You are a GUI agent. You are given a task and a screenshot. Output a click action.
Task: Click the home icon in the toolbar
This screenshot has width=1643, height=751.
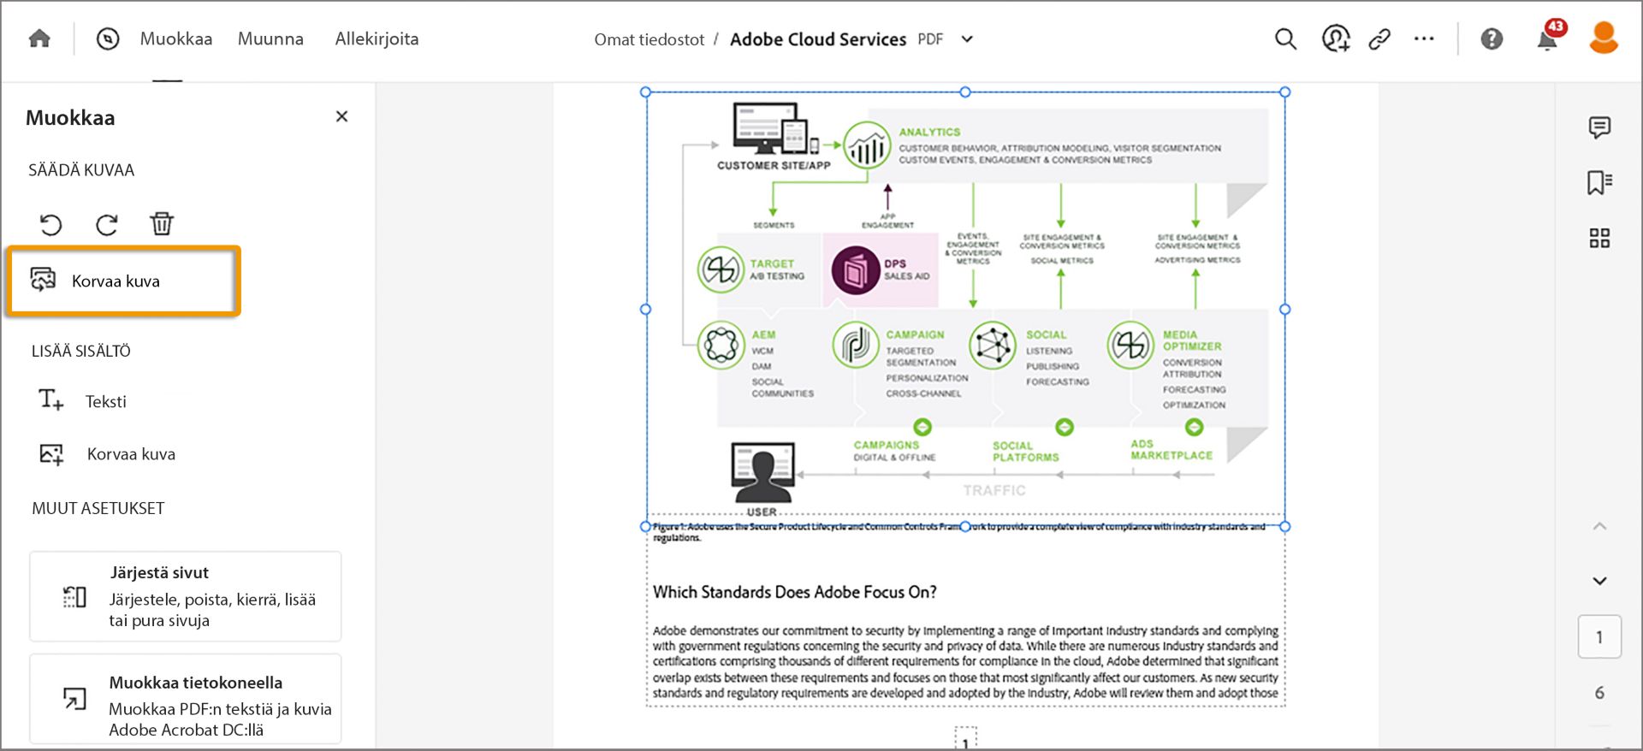coord(39,39)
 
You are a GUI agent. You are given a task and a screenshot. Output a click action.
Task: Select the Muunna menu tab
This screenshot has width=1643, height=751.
coord(270,39)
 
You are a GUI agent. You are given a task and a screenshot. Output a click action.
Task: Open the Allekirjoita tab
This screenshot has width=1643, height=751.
coord(377,39)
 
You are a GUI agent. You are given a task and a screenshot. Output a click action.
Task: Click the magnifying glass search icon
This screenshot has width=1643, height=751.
coord(1285,39)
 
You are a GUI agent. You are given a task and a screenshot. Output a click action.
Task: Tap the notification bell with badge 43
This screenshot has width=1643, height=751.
coord(1547,39)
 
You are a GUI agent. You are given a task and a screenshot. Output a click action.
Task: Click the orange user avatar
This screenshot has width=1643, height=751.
coord(1603,38)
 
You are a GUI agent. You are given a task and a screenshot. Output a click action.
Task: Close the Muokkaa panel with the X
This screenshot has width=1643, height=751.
coord(341,116)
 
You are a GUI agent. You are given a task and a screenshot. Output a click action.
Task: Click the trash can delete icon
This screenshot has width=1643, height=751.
coord(162,224)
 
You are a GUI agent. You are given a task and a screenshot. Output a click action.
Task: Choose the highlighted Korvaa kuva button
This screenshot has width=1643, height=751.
coord(122,281)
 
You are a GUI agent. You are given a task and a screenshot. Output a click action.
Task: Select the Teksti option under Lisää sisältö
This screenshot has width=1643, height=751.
coord(105,401)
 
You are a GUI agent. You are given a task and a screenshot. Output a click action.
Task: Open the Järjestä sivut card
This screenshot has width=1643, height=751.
coord(185,596)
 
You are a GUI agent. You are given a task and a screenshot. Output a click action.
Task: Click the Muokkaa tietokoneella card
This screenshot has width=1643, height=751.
coord(185,699)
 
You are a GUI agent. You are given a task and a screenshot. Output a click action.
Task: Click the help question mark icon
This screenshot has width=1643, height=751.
coord(1492,39)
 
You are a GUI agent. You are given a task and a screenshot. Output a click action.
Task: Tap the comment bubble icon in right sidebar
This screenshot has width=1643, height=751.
coord(1599,127)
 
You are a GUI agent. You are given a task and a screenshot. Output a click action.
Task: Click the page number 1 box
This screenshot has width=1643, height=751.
coord(1599,637)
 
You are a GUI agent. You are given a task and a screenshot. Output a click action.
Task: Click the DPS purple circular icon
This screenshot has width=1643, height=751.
coord(855,270)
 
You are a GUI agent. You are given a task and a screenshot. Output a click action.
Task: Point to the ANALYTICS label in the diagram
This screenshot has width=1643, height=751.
coord(929,133)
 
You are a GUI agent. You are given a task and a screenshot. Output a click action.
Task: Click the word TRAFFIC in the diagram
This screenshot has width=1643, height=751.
coord(994,490)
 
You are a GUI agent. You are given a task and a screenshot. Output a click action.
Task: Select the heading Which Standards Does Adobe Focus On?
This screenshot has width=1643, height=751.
coord(794,592)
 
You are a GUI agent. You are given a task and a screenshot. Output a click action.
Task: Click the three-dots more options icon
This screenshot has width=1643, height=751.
coord(1424,39)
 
